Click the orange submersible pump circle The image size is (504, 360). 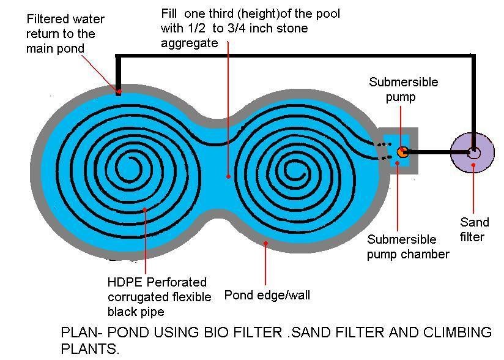tap(402, 152)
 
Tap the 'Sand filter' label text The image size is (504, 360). tap(474, 229)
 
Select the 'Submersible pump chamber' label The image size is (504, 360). tap(407, 246)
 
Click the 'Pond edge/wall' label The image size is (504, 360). tap(267, 295)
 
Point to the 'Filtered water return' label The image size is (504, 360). tap(65, 34)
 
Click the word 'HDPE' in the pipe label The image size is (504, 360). tap(122, 282)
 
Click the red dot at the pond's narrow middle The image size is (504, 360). tap(229, 176)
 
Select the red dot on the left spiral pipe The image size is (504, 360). tap(145, 209)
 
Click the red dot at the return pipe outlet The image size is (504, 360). tap(119, 92)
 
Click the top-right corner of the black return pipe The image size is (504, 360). tap(473, 56)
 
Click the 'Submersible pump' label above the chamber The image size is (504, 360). tap(403, 89)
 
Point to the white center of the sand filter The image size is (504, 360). tap(473, 153)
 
